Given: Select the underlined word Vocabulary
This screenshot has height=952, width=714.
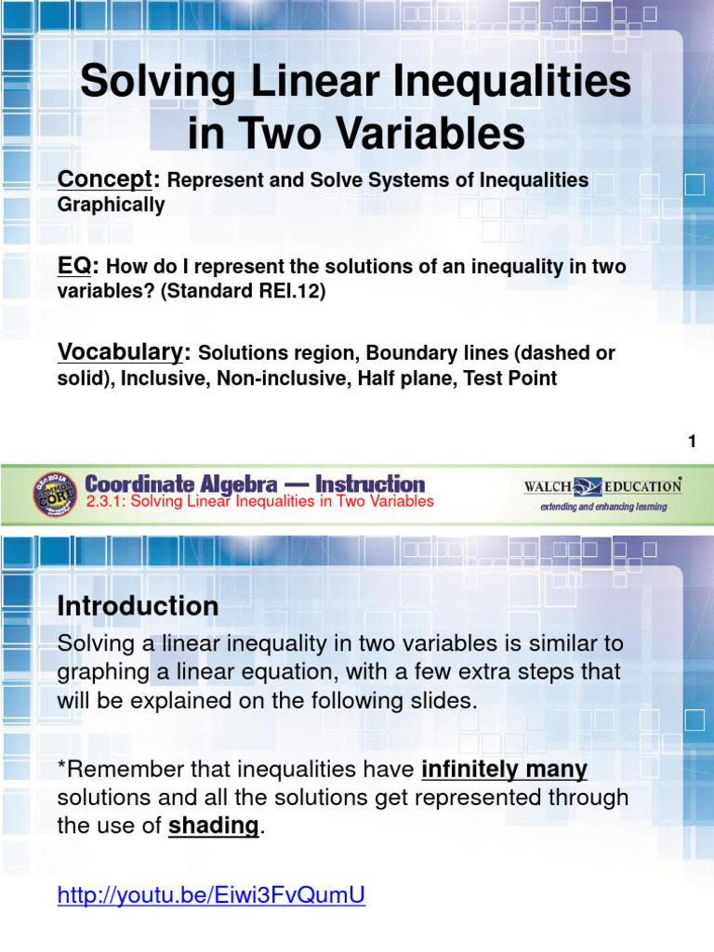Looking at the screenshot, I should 123,352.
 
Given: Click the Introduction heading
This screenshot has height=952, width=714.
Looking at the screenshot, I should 138,606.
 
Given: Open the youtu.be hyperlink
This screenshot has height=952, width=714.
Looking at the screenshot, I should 211,895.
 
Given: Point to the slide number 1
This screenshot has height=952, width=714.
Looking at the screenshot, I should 692,443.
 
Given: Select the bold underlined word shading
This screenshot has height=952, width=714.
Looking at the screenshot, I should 213,826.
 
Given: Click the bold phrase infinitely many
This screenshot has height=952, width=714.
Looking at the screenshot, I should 504,770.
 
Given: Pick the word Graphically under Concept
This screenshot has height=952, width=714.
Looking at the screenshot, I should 111,205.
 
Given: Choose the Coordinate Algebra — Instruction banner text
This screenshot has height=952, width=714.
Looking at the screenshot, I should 255,483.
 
